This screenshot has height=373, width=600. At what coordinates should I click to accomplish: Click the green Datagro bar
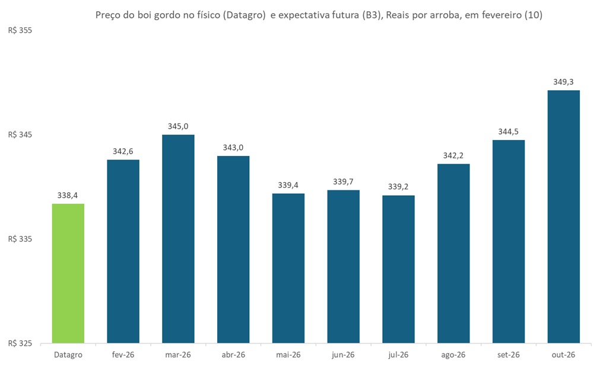coord(68,273)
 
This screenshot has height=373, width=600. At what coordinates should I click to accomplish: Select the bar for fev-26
coord(123,251)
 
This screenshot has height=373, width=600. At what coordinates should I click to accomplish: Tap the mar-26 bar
coord(178,239)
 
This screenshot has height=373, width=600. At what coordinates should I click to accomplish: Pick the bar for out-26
coord(563,216)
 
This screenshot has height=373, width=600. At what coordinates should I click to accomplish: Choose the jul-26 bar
coord(398,269)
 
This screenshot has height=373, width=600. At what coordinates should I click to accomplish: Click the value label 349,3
coord(563,82)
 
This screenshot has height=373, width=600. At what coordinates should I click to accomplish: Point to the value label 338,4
coord(68,195)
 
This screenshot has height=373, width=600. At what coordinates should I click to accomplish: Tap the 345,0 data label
coord(178,126)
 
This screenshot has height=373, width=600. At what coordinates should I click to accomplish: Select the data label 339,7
coord(344,181)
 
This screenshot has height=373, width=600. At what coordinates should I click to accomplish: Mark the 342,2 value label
coord(453,155)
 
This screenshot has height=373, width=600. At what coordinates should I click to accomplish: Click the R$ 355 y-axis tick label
coord(20,30)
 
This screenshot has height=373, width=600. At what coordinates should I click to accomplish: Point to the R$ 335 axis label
coord(20,239)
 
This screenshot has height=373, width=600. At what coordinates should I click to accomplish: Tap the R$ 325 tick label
coord(20,343)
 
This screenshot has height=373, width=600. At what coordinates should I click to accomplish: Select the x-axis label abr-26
coord(233,355)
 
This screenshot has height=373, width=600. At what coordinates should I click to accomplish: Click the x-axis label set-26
coord(509,355)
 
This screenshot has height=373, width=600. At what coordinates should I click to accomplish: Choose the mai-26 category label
coord(288,355)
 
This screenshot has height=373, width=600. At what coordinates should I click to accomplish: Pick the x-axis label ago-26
coord(453,355)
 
